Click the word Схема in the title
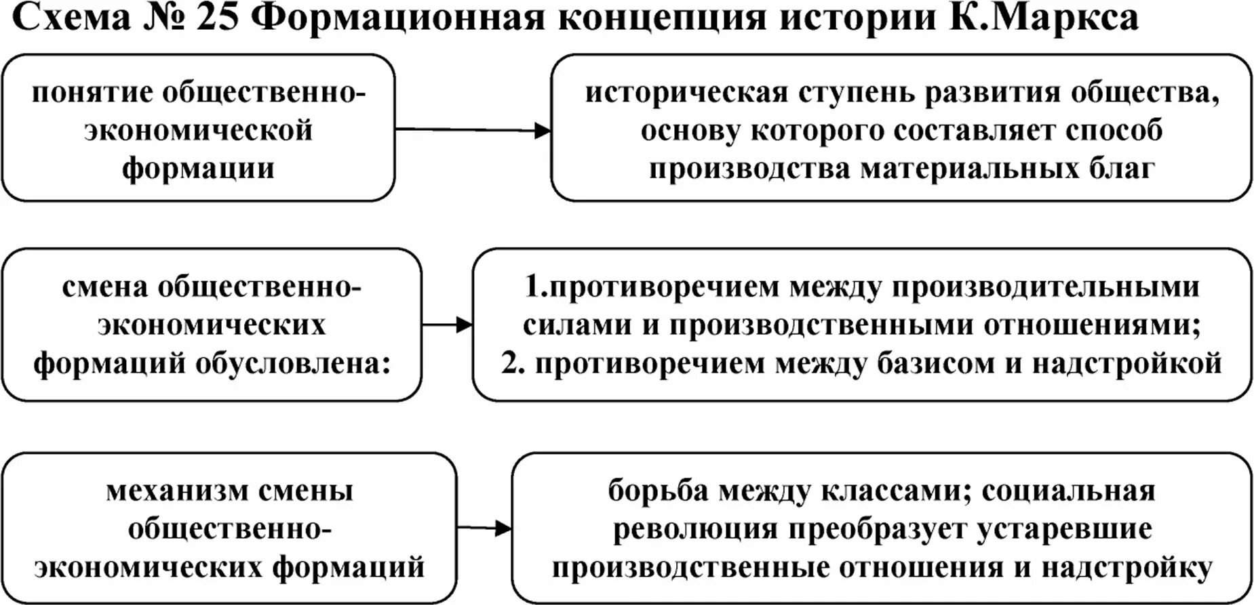[x=71, y=18]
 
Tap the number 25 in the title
[x=218, y=18]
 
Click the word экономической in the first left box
[x=198, y=130]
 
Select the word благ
[x=1122, y=168]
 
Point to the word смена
[x=104, y=287]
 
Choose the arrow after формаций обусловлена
[x=447, y=325]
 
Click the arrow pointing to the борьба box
[x=484, y=528]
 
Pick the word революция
[x=695, y=529]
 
